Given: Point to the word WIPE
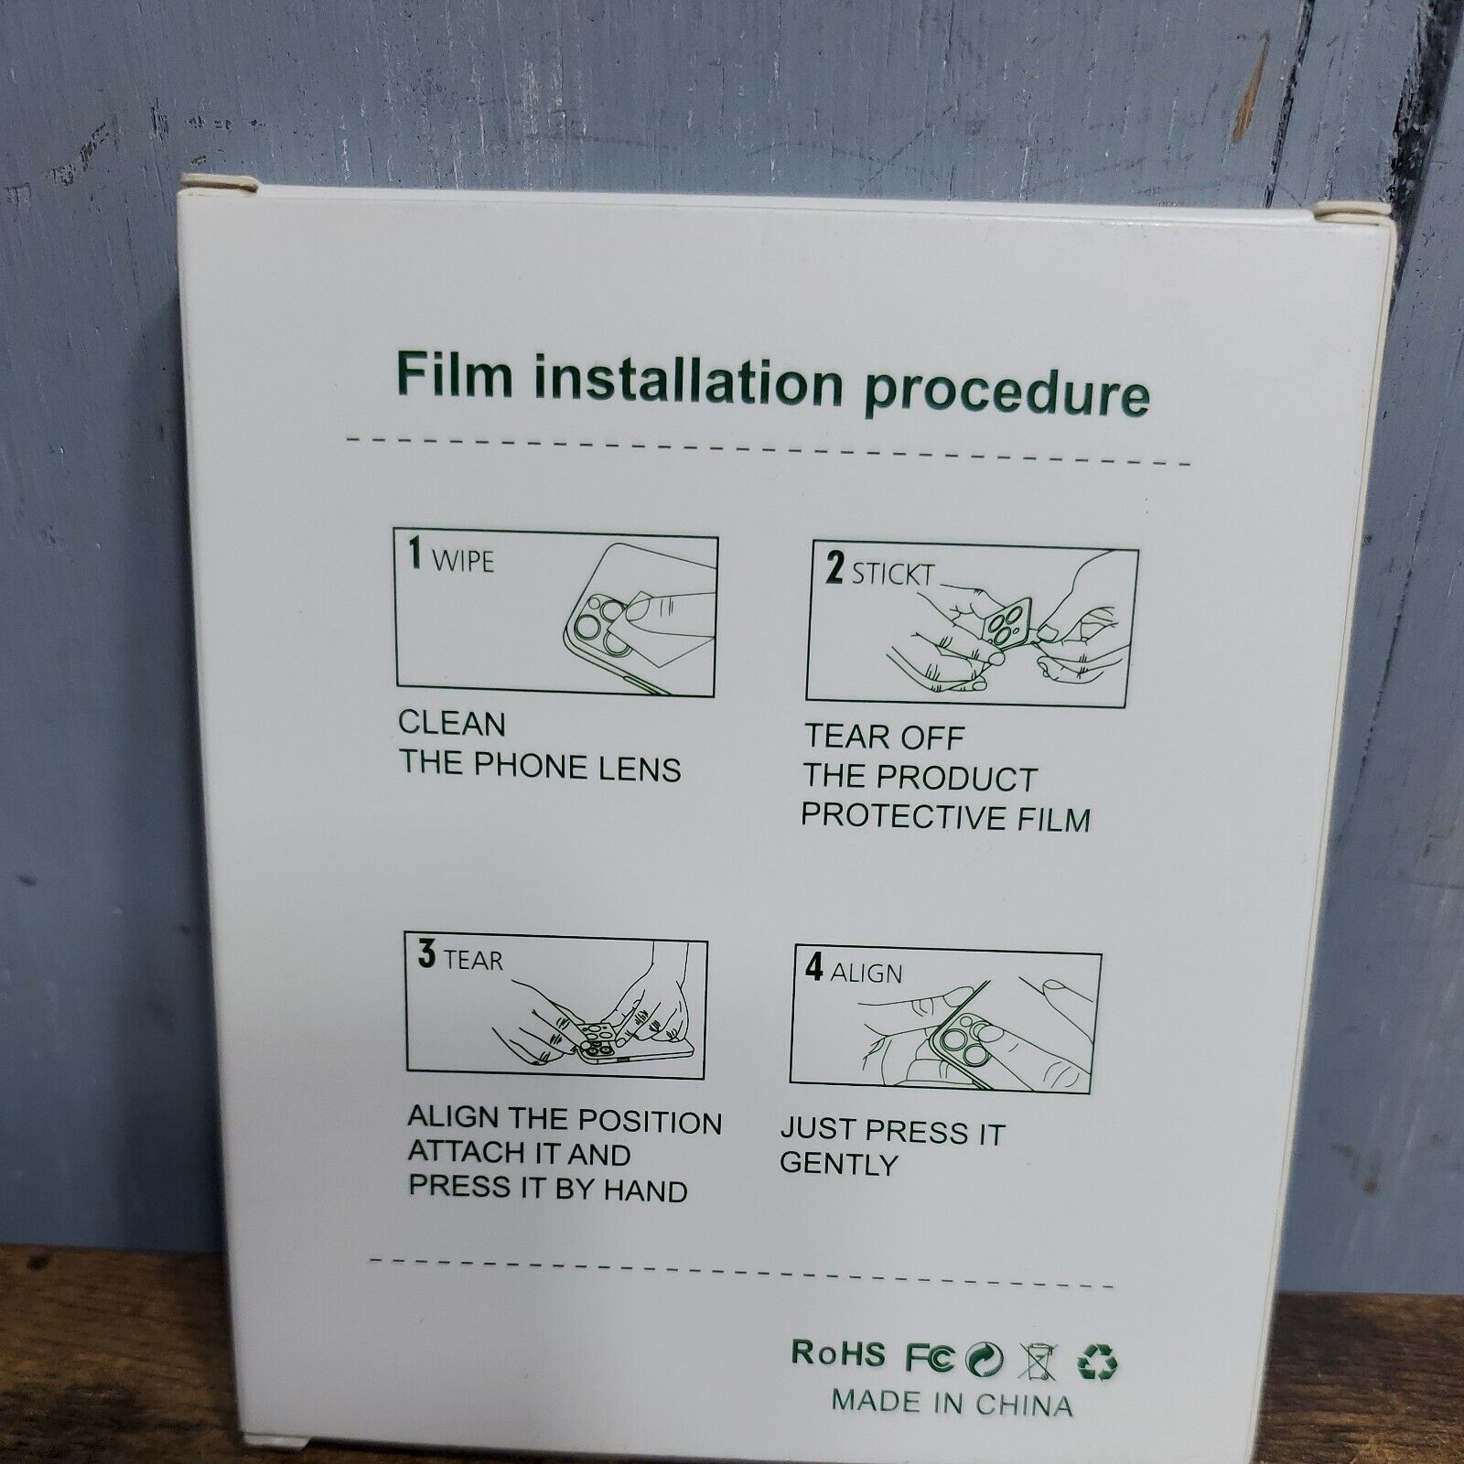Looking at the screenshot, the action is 462,561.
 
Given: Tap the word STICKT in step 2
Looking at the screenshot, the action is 893,575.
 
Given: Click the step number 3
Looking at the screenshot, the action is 426,954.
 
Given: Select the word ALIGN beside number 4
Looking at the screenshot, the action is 866,972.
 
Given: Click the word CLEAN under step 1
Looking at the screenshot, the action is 451,724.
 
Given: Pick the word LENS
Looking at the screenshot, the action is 640,770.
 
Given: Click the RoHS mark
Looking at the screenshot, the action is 838,1353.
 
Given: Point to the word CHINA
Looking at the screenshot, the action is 1024,1404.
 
